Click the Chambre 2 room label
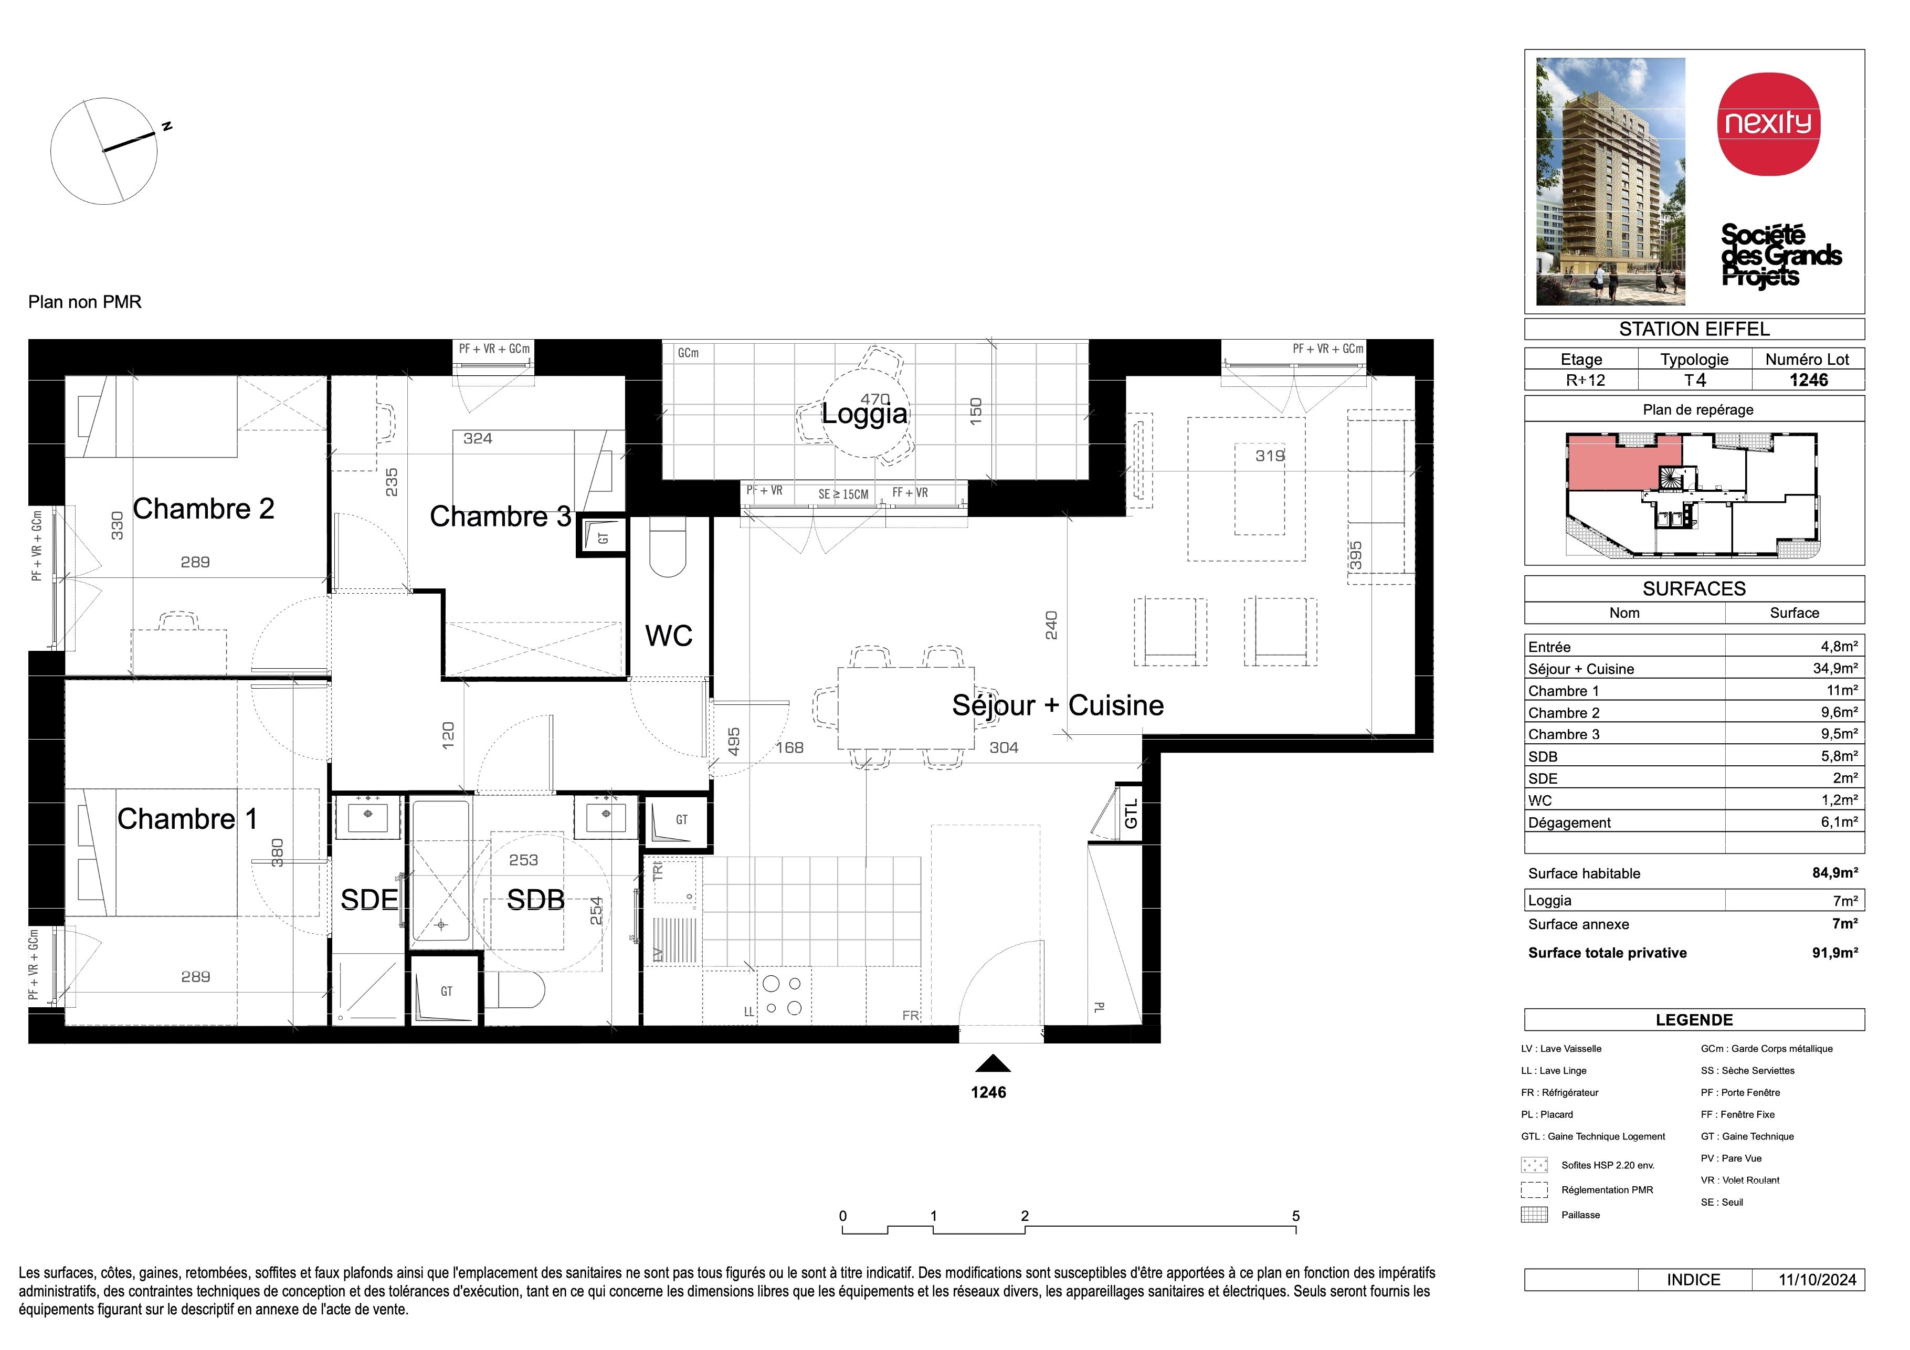(x=204, y=509)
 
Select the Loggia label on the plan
(x=864, y=414)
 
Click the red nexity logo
(x=1769, y=124)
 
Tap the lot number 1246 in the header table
(x=1809, y=380)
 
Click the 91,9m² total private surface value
(x=1835, y=953)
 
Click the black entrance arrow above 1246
(x=993, y=1064)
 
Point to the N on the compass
(x=167, y=126)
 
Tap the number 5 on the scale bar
(x=1295, y=1216)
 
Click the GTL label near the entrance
(x=1131, y=814)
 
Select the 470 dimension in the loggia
(x=875, y=399)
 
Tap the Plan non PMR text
(x=85, y=302)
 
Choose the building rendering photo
(x=1610, y=181)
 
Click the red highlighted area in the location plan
(x=1622, y=464)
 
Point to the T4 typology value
(x=1695, y=380)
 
